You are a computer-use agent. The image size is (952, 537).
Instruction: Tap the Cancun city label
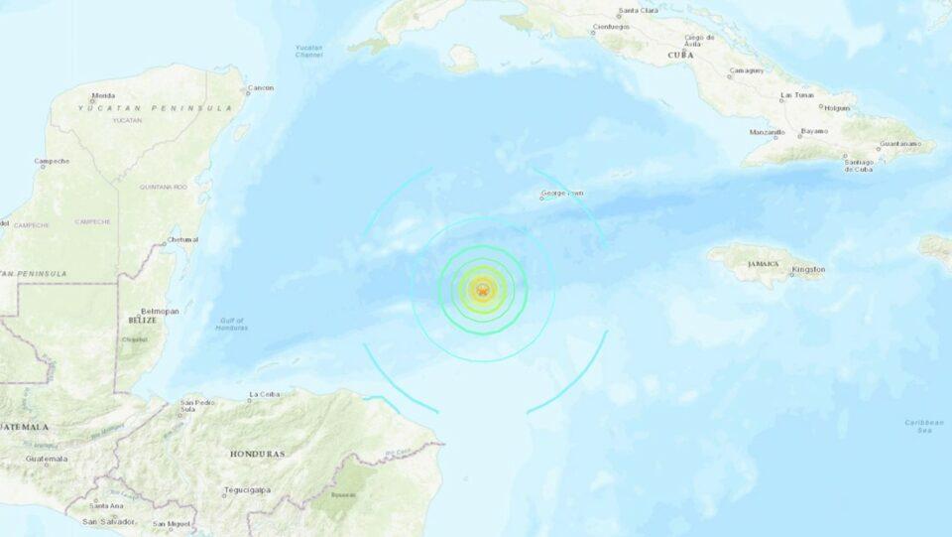261,88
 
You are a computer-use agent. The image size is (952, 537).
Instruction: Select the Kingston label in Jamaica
808,269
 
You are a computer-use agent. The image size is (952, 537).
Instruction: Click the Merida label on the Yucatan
103,96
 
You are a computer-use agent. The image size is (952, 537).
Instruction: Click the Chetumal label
182,239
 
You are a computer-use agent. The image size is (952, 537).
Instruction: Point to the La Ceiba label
265,394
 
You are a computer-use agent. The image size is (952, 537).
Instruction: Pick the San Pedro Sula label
197,407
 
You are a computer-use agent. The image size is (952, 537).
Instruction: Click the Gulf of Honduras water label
233,324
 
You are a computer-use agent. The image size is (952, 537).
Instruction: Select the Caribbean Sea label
923,426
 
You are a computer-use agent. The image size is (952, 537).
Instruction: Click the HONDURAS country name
257,454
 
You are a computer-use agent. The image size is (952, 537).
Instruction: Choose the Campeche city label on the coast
52,161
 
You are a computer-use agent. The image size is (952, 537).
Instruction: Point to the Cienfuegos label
611,27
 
